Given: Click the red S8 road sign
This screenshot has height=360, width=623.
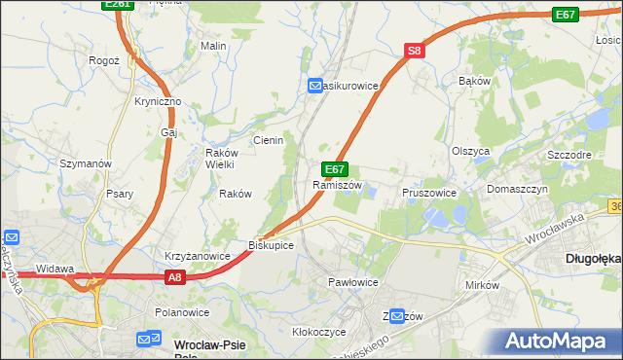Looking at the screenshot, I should (415, 52).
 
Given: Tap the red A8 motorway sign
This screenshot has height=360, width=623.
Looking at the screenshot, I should (173, 278).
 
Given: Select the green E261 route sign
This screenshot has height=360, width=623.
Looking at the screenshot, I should (117, 5).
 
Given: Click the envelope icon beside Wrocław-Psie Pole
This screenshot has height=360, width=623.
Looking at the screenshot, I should (148, 340).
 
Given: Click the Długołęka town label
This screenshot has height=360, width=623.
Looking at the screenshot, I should (593, 259).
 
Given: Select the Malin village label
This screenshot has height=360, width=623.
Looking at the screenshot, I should (213, 46).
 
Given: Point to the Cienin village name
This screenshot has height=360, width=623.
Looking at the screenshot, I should (268, 140).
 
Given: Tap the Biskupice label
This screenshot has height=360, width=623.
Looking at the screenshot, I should (272, 244).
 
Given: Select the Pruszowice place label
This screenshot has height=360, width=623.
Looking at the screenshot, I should (429, 193).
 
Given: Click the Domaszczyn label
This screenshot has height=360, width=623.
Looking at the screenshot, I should (518, 189).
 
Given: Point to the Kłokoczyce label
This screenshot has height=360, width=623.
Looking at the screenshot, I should (319, 332).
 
